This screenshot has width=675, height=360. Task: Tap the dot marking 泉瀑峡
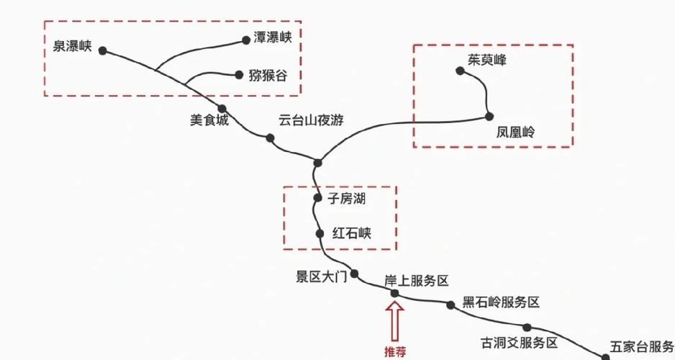pyautogui.click(x=103, y=50)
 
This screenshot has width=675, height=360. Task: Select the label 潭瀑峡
pyautogui.click(x=273, y=39)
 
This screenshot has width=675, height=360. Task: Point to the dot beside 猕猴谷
pyautogui.click(x=239, y=74)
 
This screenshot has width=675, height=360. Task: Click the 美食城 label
pyautogui.click(x=209, y=121)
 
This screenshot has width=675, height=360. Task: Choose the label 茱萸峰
pyautogui.click(x=487, y=60)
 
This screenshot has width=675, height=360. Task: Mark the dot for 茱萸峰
pyautogui.click(x=460, y=71)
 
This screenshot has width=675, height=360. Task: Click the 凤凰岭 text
pyautogui.click(x=516, y=132)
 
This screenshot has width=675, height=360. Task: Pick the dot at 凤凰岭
pyautogui.click(x=489, y=116)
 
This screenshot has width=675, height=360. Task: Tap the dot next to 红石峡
pyautogui.click(x=320, y=233)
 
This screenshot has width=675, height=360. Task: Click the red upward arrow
pyautogui.click(x=394, y=321)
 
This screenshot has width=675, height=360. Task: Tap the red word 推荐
pyautogui.click(x=394, y=352)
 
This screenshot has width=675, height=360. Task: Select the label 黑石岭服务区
pyautogui.click(x=501, y=302)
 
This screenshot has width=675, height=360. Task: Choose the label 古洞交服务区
pyautogui.click(x=520, y=342)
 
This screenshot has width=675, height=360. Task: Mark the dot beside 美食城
pyautogui.click(x=222, y=109)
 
